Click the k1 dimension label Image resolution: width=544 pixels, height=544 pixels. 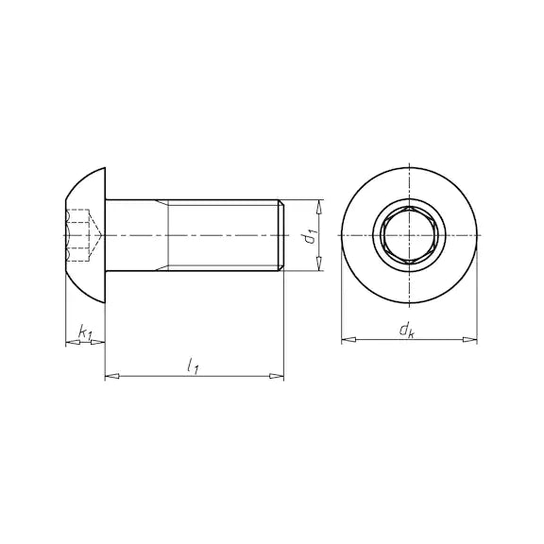pos(84,332)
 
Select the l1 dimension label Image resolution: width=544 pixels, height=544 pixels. pos(193,365)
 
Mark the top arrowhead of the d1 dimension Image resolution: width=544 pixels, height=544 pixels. pos(320,205)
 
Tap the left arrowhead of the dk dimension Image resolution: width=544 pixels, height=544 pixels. pos(347,338)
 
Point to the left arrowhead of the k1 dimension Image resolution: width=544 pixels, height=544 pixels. pos(70,342)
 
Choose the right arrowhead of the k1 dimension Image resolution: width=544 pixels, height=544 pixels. pos(98,342)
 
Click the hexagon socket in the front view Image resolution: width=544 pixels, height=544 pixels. pos(409,235)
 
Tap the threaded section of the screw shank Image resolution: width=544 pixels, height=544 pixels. pos(223,235)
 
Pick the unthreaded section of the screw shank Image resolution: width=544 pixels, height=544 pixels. pos(137,235)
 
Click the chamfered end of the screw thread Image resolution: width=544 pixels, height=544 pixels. pos(280,235)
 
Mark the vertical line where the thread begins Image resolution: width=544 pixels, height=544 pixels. pos(168,235)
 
